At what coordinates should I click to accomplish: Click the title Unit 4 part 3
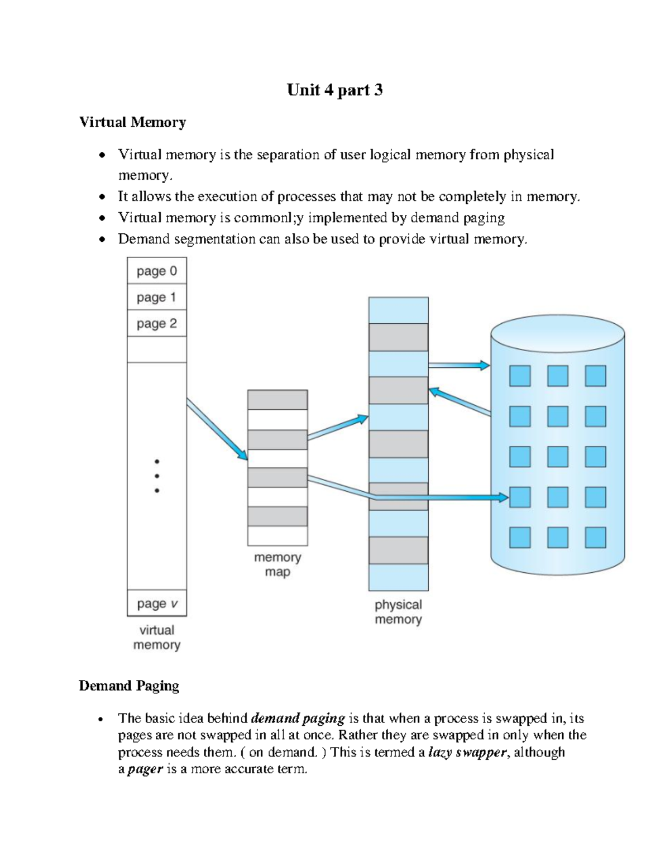(x=334, y=90)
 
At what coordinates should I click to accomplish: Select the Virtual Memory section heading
(x=132, y=122)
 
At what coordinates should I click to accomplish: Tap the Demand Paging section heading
(x=129, y=686)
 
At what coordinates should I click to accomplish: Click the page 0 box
(x=156, y=271)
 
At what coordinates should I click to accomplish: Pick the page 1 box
(x=156, y=298)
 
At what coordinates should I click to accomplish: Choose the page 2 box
(x=156, y=324)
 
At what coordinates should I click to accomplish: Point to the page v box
(x=157, y=603)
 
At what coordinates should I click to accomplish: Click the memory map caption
(x=277, y=564)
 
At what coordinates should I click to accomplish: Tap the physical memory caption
(x=398, y=612)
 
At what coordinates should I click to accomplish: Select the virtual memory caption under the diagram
(x=157, y=638)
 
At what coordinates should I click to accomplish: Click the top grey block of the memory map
(x=277, y=400)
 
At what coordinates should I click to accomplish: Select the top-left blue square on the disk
(x=519, y=376)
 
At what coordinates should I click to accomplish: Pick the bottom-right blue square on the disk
(x=595, y=537)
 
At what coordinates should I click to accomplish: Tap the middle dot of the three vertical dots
(x=157, y=476)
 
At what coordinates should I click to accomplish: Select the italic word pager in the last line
(x=145, y=769)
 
